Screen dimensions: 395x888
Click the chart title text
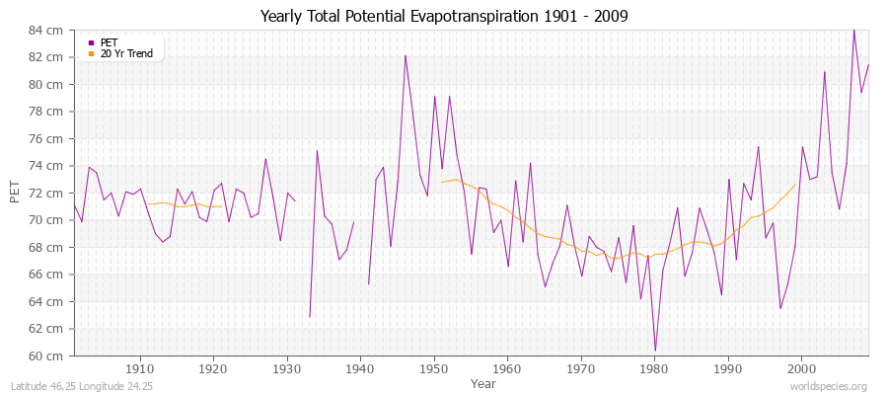(444, 17)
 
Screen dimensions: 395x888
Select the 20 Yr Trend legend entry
(125, 53)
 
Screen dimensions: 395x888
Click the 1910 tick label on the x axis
(139, 367)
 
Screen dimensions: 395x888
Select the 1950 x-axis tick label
(433, 367)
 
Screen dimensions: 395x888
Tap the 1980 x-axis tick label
(654, 367)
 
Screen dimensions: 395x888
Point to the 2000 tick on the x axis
(801, 367)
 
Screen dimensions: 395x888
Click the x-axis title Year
(483, 382)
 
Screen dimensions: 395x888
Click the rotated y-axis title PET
(14, 193)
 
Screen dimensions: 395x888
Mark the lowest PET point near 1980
(655, 351)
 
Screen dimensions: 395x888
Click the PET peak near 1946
(405, 55)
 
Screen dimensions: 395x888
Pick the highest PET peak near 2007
(853, 30)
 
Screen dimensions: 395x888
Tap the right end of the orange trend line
(795, 184)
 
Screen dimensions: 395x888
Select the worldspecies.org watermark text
(829, 386)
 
